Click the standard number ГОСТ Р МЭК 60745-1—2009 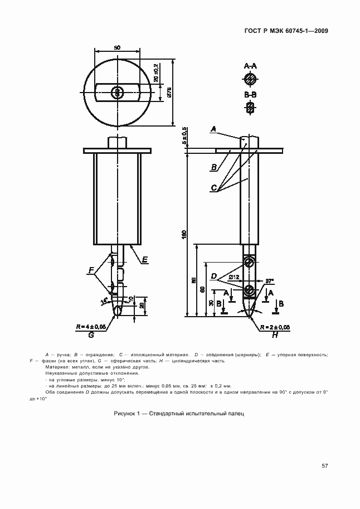285,31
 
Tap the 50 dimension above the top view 116,49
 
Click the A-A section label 251,66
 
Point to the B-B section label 250,95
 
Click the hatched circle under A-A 251,77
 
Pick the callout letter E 144,260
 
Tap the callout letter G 90,335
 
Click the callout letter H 275,335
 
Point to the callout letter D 214,276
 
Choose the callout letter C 214,188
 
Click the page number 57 324,466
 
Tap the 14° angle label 104,301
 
